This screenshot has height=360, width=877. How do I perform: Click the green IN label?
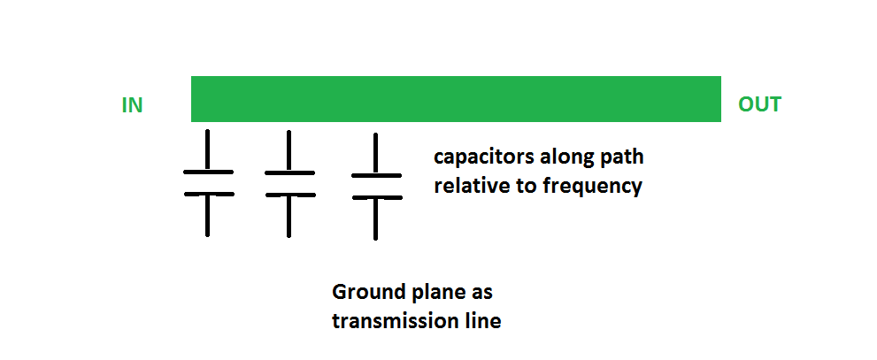coord(132,105)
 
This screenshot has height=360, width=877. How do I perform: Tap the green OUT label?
coord(759,104)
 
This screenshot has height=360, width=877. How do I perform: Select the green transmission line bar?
coord(456,99)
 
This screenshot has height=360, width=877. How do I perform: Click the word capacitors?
coord(483,158)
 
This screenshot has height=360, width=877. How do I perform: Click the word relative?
coord(471,186)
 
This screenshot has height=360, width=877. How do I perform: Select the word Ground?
coord(365,292)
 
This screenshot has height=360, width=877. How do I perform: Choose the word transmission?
coord(395,321)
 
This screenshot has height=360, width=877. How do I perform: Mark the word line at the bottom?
coord(481,321)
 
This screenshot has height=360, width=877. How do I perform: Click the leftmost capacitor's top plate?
coord(208,172)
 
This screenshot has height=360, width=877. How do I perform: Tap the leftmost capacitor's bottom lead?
coord(207,217)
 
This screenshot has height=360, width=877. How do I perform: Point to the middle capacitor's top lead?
coord(288,149)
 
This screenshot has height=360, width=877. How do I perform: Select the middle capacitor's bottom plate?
coord(289,195)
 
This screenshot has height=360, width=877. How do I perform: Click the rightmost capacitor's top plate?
coord(376,175)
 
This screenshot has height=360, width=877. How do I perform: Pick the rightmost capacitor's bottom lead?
coord(375,219)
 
